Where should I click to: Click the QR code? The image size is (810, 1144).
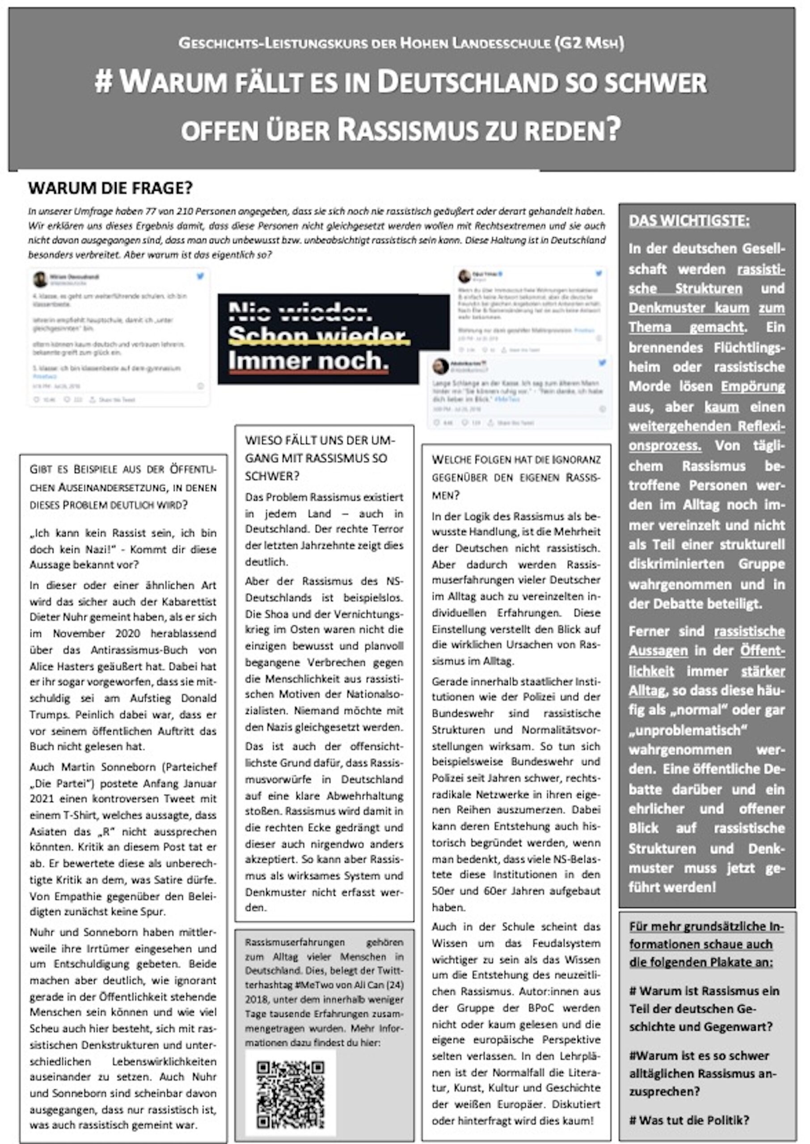click(x=290, y=1095)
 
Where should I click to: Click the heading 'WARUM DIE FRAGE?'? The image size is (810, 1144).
click(x=110, y=189)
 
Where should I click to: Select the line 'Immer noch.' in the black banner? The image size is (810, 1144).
click(x=308, y=361)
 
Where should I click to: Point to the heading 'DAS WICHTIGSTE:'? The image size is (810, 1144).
click(x=689, y=221)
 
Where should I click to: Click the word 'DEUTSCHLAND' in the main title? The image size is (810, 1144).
click(x=467, y=83)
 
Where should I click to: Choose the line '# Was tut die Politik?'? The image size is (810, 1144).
click(x=689, y=1120)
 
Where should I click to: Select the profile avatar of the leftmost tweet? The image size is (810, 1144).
click(x=40, y=279)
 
